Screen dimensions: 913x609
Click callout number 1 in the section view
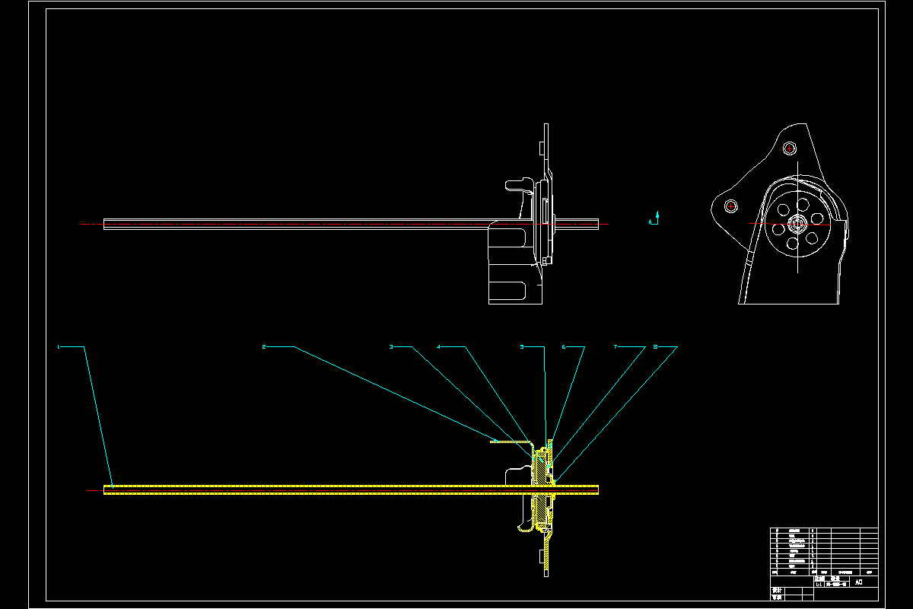click(x=58, y=347)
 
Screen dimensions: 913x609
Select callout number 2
click(x=263, y=347)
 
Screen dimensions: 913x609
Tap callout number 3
click(x=391, y=347)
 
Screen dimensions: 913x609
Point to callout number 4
click(x=438, y=347)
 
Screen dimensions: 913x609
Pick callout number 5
click(x=522, y=347)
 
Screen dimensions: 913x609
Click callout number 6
click(x=564, y=347)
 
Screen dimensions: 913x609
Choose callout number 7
click(x=616, y=347)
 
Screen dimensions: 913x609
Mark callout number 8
click(x=655, y=347)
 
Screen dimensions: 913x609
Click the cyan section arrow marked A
click(x=657, y=218)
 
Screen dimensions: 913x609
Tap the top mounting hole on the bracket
click(x=789, y=148)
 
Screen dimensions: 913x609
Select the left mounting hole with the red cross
click(x=731, y=206)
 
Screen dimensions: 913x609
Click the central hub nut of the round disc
click(x=797, y=224)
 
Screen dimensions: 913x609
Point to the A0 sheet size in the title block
click(x=859, y=582)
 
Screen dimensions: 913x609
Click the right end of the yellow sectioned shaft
click(x=597, y=489)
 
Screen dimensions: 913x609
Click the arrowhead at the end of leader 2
click(x=493, y=441)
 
